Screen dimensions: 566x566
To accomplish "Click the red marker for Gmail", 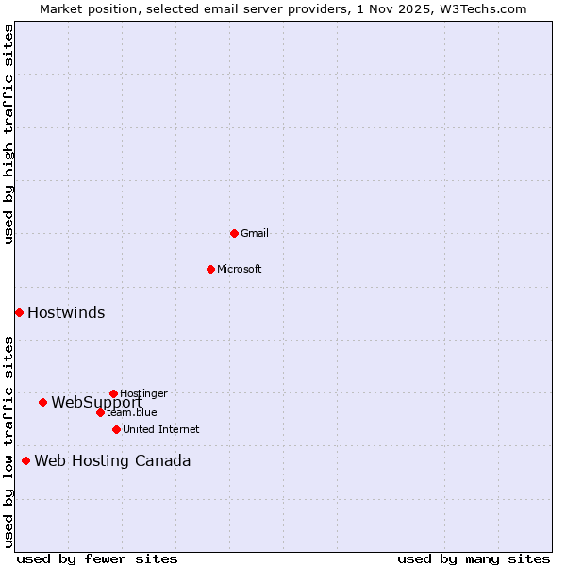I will (x=234, y=233).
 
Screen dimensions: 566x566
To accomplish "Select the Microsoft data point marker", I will (x=210, y=269).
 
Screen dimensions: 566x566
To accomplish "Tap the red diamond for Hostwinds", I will (x=19, y=312).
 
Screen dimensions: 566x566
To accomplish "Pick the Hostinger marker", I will (x=113, y=393).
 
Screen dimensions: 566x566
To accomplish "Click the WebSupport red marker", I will (x=42, y=402).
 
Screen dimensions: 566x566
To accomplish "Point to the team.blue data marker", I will (x=100, y=412).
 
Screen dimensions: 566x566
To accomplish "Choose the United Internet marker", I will (x=116, y=429).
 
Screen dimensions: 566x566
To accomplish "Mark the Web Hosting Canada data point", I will (x=25, y=460).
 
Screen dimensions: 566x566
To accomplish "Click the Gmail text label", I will (x=255, y=233).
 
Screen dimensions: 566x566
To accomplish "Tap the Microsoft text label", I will (x=240, y=269).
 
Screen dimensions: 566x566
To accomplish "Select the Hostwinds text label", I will (x=66, y=313).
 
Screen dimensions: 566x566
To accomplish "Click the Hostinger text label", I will (x=143, y=393).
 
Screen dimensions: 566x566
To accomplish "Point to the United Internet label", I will (x=161, y=429).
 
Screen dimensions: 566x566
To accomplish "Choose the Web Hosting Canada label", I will (x=112, y=461).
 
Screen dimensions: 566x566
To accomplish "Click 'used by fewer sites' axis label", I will (x=97, y=558).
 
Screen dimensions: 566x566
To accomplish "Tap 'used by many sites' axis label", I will (x=474, y=558).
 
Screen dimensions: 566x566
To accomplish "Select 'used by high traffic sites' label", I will (x=8, y=134).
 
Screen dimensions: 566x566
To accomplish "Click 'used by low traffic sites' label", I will (x=8, y=441).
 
